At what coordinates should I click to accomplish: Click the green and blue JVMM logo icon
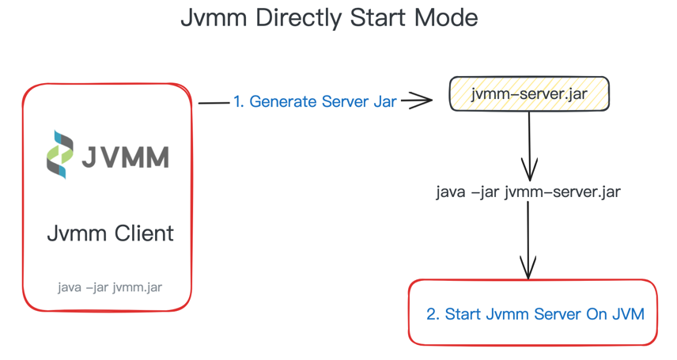[61, 154]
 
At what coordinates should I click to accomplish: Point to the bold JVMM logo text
[127, 156]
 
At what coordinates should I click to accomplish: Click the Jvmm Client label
[110, 233]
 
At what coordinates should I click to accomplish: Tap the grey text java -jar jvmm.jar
[110, 286]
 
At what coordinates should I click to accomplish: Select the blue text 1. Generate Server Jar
[315, 102]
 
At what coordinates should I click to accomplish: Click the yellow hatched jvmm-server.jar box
[528, 95]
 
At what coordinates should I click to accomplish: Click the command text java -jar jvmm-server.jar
[528, 192]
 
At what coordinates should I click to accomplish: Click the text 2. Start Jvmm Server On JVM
[535, 314]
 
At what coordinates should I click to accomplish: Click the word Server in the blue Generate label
[347, 102]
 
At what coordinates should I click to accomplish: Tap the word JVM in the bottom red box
[628, 314]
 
